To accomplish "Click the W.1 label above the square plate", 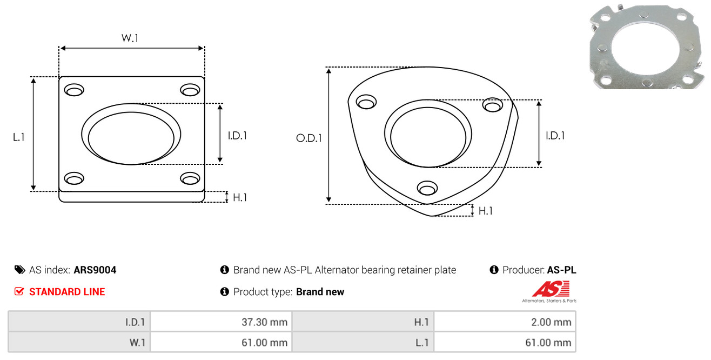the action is (x=130, y=38).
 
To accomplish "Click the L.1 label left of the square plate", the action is (x=19, y=137).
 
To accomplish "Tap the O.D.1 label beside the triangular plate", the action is (x=309, y=138).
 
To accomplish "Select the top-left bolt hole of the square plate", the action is (x=74, y=90).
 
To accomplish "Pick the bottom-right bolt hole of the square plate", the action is (x=190, y=178).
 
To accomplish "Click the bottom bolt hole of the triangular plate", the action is (x=427, y=188).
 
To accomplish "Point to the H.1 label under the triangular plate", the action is (x=486, y=211).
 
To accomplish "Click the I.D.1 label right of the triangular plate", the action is (x=555, y=136).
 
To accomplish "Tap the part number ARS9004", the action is (x=95, y=270).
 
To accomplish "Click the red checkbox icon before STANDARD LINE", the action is (x=19, y=291).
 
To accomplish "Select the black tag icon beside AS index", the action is (x=19, y=270).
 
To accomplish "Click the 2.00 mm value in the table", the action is (x=551, y=322).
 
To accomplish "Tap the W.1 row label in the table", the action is (x=137, y=343).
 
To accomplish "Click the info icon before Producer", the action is (x=494, y=270).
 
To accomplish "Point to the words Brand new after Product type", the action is (x=320, y=292).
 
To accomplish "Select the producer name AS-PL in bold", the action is (x=561, y=270).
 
